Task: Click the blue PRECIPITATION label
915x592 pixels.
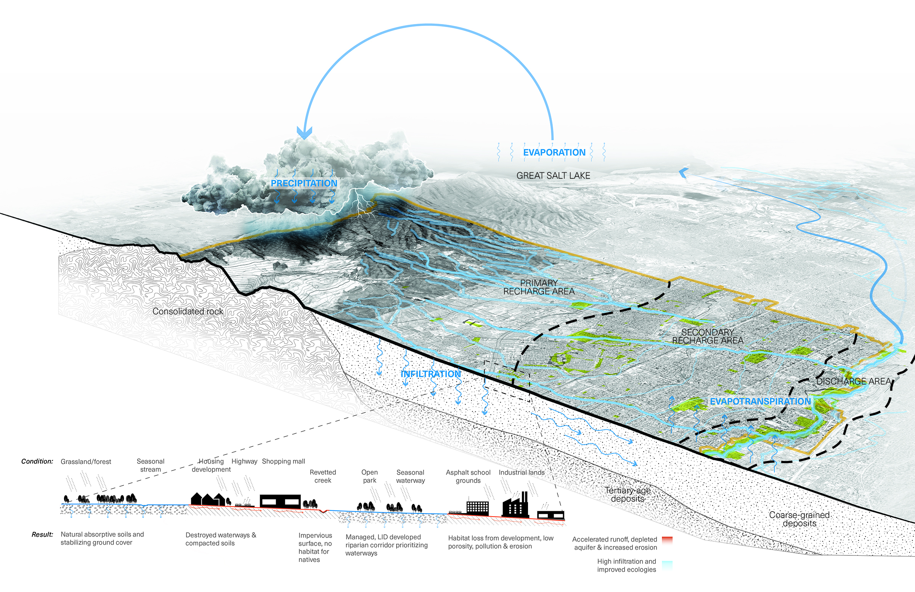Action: click(304, 183)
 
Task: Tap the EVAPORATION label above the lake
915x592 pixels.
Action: click(554, 152)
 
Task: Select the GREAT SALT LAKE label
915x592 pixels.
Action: click(553, 176)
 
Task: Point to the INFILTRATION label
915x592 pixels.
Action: click(430, 374)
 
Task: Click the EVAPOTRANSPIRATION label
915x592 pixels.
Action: click(760, 401)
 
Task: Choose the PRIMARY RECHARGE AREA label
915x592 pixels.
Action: click(539, 287)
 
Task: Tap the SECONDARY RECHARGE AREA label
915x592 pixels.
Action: click(707, 336)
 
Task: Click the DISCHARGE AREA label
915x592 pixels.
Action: click(854, 381)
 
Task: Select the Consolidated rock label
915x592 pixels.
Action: click(188, 311)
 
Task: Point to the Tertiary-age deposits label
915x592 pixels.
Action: click(628, 494)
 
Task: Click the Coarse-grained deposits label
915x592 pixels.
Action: click(799, 519)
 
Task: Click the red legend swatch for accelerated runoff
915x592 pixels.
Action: click(667, 539)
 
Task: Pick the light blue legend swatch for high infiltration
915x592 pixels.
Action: click(667, 564)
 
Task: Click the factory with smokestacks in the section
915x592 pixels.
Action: click(515, 505)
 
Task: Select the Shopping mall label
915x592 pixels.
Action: click(283, 461)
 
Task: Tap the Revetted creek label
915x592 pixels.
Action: click(323, 476)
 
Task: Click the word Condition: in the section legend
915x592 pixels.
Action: click(37, 461)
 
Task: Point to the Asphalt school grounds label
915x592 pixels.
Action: click(468, 476)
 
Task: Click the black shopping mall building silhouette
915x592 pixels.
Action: click(280, 501)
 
